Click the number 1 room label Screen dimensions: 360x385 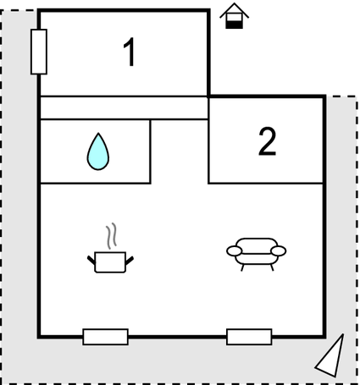[x=129, y=52]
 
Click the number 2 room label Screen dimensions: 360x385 [x=267, y=141]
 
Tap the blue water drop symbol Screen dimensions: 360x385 [x=98, y=151]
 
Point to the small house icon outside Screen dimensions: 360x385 [x=235, y=16]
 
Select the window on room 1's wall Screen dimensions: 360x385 [x=39, y=52]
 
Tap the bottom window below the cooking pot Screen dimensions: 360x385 [x=106, y=337]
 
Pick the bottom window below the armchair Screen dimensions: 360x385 [x=249, y=337]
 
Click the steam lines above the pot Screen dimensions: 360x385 [x=112, y=236]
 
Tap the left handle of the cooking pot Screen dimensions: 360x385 [x=91, y=261]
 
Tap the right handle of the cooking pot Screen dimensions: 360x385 [x=130, y=261]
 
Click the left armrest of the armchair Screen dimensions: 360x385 [x=235, y=251]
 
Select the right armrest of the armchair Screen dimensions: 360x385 [x=279, y=251]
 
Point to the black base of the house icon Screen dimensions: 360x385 [x=235, y=25]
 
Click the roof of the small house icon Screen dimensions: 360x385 [x=235, y=10]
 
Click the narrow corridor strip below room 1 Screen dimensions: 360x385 [x=125, y=108]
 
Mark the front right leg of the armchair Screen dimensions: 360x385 [x=272, y=267]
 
